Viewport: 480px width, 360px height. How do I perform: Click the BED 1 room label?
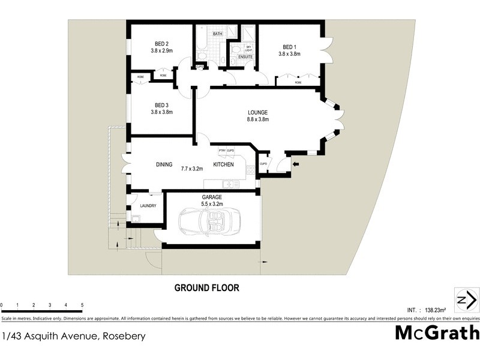pos(289,47)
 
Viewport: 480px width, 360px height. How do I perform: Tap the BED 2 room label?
pos(161,43)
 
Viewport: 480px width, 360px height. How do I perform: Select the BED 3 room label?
pos(161,105)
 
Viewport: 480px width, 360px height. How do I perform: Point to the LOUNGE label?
pos(258,112)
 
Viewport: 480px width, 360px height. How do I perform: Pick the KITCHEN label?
pos(224,164)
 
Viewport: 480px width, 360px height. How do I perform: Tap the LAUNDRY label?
pos(148,206)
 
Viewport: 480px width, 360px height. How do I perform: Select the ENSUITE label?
pos(245,57)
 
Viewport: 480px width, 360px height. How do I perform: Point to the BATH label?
pos(217,34)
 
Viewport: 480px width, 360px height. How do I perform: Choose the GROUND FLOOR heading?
pos(206,288)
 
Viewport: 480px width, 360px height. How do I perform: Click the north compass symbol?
pos(466,300)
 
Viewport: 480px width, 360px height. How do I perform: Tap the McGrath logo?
pos(437,332)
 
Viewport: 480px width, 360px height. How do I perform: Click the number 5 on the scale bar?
pos(82,305)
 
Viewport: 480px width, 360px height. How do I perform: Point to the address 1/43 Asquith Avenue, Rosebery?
pos(74,336)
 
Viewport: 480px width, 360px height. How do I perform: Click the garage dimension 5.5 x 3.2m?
pos(212,204)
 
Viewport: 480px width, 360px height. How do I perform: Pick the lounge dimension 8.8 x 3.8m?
pos(258,119)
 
